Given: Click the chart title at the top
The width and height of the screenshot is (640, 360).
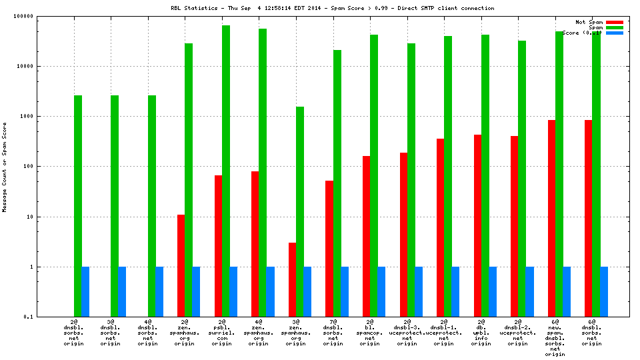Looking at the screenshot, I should click(x=333, y=8).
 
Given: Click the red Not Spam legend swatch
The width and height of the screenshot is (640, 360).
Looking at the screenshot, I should click(x=614, y=22).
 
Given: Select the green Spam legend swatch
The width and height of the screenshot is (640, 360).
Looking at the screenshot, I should click(x=614, y=27).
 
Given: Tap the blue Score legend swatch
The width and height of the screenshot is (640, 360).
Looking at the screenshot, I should click(x=614, y=33).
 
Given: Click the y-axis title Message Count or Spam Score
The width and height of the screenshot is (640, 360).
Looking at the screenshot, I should click(x=5, y=167).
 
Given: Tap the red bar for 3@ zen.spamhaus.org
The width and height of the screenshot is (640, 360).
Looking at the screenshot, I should click(x=292, y=279).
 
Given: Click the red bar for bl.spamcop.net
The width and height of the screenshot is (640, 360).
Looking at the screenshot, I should click(x=366, y=236).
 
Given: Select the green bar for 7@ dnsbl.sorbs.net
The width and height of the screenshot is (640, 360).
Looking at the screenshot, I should click(x=337, y=183).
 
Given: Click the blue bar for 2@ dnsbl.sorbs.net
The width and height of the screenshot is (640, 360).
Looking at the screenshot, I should click(x=85, y=291).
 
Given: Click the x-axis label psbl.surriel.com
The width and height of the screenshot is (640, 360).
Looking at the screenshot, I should click(x=222, y=334).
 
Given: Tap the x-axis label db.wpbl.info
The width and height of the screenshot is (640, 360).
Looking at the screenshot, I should click(x=481, y=334).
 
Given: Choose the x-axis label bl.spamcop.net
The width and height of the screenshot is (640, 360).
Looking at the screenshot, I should click(x=370, y=334).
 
